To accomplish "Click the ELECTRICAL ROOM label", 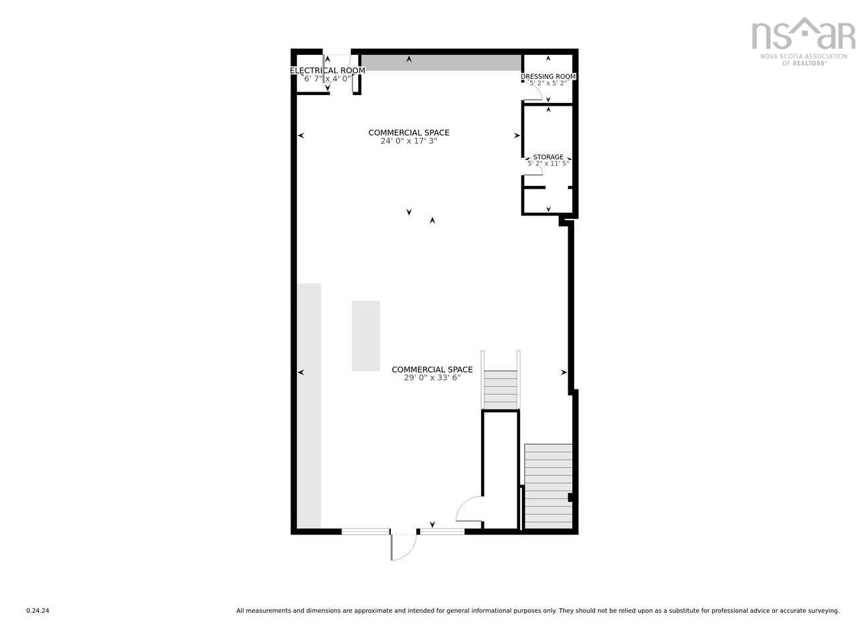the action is click(x=327, y=71).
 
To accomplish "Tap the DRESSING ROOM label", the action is click(x=548, y=76).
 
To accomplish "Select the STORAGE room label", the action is click(x=548, y=157).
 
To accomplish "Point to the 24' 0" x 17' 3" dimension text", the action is click(x=409, y=141).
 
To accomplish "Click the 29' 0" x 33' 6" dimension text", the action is click(x=432, y=377).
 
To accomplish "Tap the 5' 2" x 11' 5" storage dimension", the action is click(x=548, y=163).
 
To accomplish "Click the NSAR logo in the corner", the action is click(x=803, y=41).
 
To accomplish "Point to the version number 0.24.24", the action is click(x=38, y=611).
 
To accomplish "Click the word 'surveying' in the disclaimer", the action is click(x=825, y=611).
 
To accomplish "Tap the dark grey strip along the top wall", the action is click(x=441, y=63).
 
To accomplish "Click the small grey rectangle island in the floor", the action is click(x=366, y=336).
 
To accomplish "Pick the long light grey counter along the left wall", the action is click(x=309, y=405).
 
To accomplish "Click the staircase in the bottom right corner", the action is click(x=548, y=486).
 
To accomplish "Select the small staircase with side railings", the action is click(x=501, y=380).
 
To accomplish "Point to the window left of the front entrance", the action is click(x=365, y=531).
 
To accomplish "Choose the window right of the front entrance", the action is click(x=442, y=531).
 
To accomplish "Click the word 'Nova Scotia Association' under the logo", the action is click(x=804, y=56).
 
